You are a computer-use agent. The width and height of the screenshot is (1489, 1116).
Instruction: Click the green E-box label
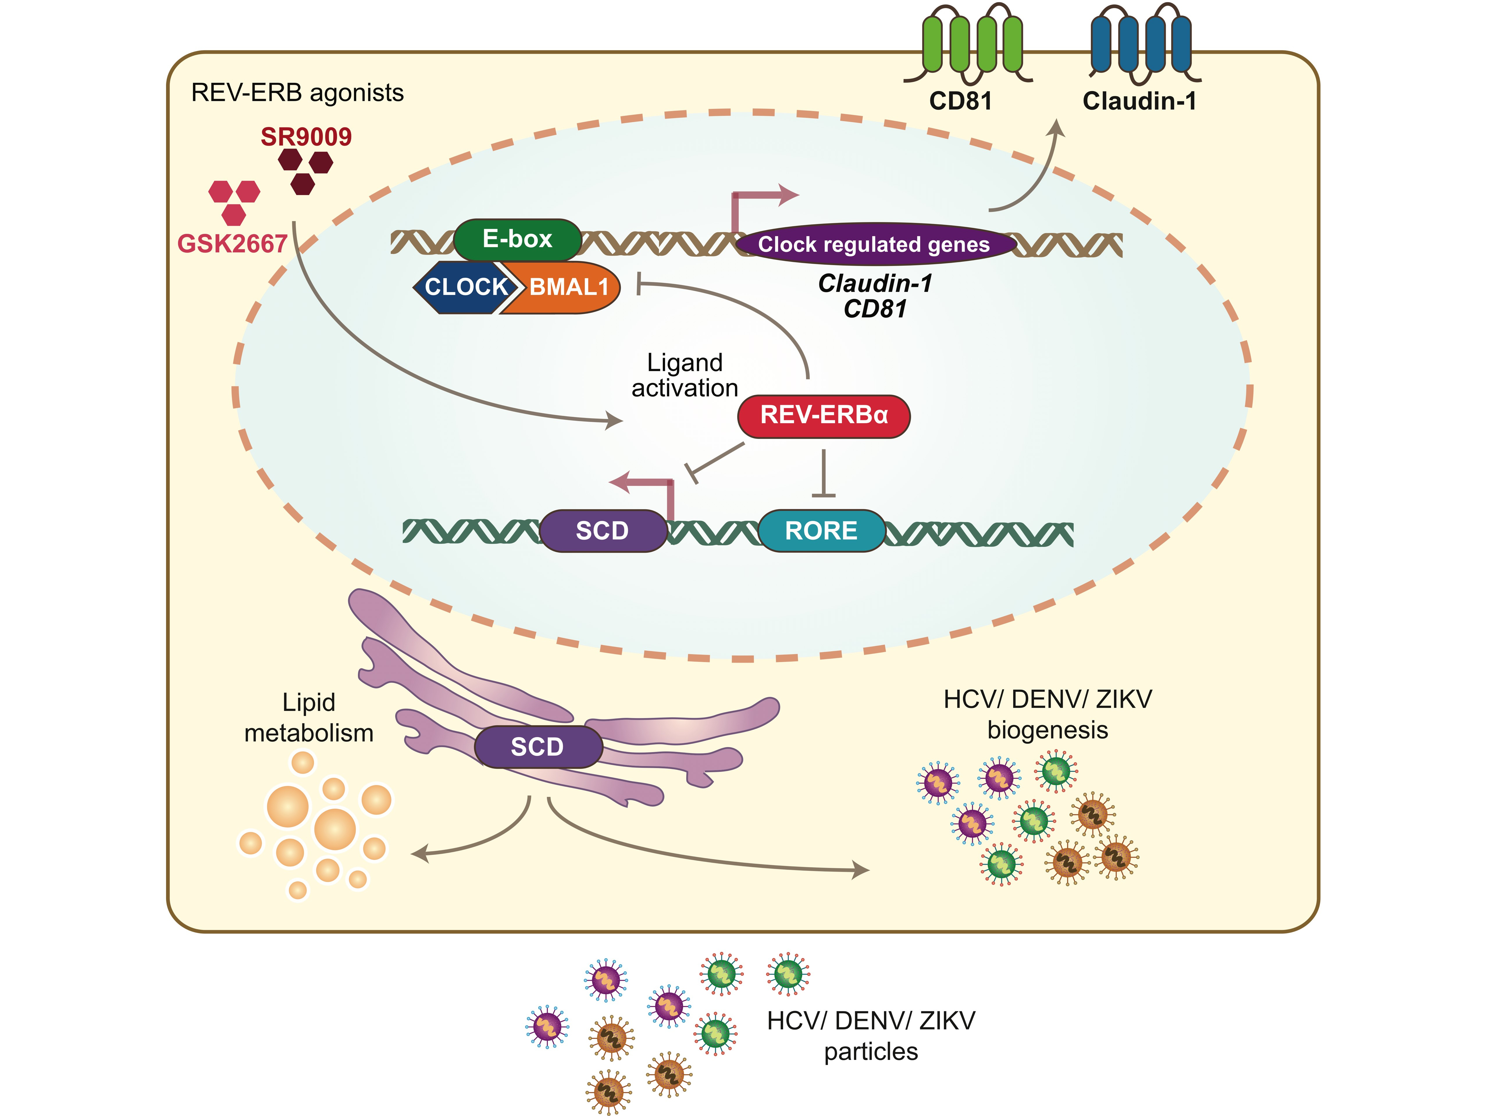point(517,239)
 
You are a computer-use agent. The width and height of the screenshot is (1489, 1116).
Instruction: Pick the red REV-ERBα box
point(824,415)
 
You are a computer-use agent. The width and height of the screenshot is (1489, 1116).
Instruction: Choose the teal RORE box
point(821,531)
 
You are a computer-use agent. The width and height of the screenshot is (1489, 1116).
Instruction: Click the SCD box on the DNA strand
point(603,531)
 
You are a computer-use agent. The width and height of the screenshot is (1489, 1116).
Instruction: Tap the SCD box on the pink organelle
point(537,747)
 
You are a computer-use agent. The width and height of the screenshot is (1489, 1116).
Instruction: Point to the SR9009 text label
point(306,137)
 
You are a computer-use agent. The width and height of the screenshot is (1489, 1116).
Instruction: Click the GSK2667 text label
point(232,244)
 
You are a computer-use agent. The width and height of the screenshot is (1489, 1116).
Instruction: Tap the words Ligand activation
point(685,375)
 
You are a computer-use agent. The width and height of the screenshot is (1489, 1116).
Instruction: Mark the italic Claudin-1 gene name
point(875,283)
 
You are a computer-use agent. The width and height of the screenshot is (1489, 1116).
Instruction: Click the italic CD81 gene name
point(875,309)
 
